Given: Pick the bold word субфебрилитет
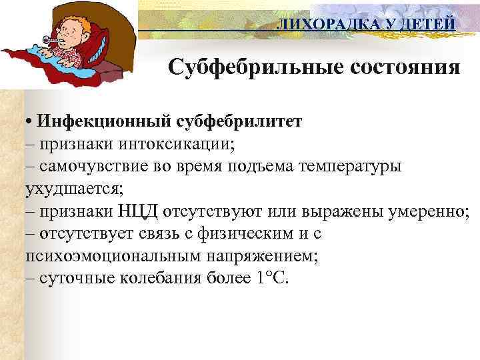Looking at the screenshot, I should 236,122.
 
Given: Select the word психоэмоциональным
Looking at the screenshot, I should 110,255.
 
